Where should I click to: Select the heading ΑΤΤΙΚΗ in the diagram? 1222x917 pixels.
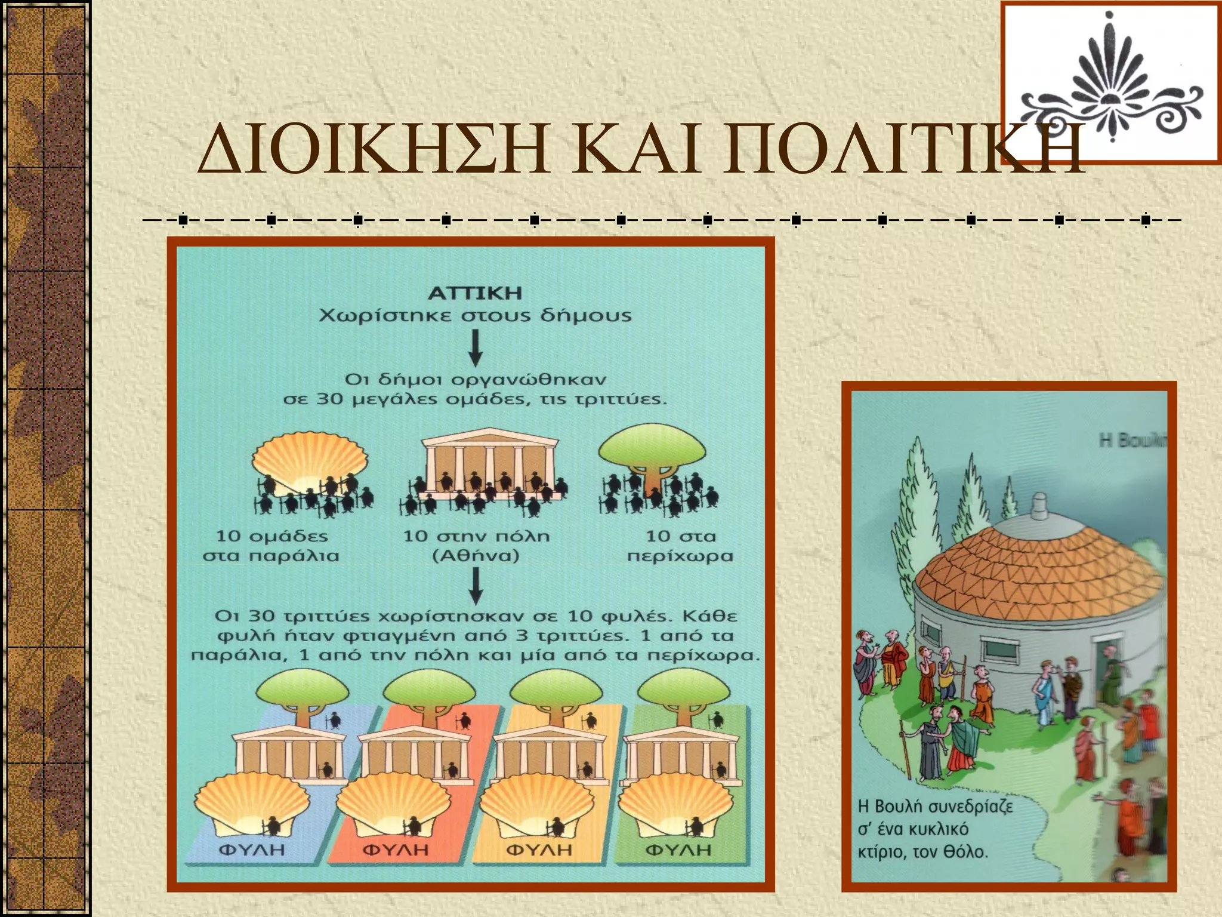[475, 293]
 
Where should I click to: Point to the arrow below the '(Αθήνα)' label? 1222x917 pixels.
[475, 585]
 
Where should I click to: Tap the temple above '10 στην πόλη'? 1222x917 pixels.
[489, 463]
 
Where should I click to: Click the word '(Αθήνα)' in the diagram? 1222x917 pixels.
[476, 556]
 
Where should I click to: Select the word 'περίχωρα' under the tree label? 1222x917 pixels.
[680, 556]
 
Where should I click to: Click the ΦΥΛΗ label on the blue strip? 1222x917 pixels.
[252, 849]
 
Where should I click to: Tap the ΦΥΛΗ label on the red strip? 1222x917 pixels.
[396, 849]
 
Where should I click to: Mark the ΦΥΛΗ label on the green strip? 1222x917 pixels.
[679, 849]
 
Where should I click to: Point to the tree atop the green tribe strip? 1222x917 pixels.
[683, 693]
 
